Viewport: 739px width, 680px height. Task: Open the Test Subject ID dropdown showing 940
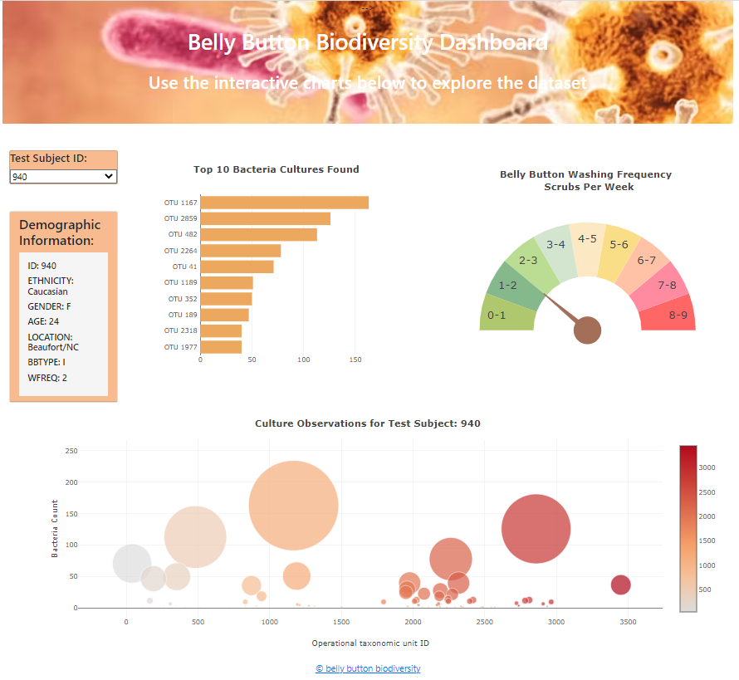(x=63, y=176)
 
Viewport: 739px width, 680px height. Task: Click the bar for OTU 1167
(x=284, y=203)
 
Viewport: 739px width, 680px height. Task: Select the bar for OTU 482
(x=258, y=234)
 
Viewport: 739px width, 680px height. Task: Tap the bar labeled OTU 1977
(x=221, y=347)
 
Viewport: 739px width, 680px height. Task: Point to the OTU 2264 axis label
(x=180, y=251)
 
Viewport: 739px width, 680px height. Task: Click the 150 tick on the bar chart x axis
(x=355, y=360)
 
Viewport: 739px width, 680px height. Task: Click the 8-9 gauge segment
(x=678, y=315)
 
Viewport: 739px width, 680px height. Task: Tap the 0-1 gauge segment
(x=497, y=315)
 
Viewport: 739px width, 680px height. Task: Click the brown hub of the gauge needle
(x=587, y=330)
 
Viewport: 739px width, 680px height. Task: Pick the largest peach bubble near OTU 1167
(x=293, y=506)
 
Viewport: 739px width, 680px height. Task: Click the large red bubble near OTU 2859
(x=536, y=529)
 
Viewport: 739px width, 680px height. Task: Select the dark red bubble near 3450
(x=620, y=585)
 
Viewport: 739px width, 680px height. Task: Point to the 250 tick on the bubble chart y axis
(x=71, y=451)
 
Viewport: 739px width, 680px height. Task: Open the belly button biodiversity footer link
(x=368, y=668)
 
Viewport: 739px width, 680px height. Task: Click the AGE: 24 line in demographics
(x=43, y=321)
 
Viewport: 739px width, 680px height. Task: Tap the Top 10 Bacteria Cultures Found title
(x=277, y=169)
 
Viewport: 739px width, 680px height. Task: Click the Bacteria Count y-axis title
(x=55, y=529)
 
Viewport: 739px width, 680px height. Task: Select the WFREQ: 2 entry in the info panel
(x=47, y=378)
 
